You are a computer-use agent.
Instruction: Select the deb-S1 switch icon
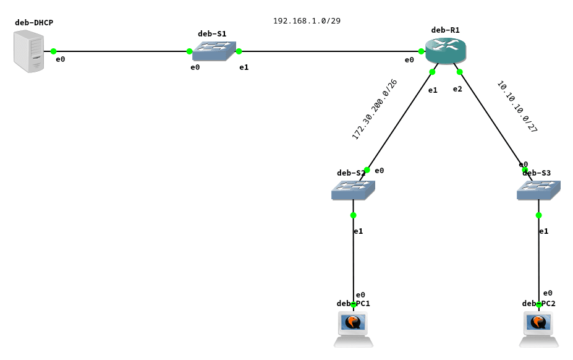point(214,51)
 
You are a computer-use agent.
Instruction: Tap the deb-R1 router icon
point(445,51)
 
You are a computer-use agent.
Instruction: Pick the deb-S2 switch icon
point(353,190)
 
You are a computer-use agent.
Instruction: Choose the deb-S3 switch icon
point(538,190)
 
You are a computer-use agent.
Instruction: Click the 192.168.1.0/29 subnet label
point(307,21)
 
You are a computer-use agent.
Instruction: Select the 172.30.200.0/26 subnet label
point(375,109)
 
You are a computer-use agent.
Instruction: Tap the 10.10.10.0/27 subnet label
point(517,107)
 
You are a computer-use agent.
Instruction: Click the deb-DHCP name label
point(34,23)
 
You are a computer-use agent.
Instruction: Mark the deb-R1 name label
point(445,30)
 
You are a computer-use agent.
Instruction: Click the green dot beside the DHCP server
point(53,51)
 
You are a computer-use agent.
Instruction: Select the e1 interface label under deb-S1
point(244,67)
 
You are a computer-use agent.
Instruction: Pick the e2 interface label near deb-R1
point(457,89)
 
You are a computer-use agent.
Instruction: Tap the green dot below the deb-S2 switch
point(353,215)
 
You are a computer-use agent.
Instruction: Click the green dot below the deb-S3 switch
point(538,215)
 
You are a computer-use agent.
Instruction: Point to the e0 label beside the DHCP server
point(61,59)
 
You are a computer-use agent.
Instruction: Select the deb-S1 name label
point(212,34)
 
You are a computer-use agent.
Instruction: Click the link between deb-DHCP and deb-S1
point(121,51)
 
